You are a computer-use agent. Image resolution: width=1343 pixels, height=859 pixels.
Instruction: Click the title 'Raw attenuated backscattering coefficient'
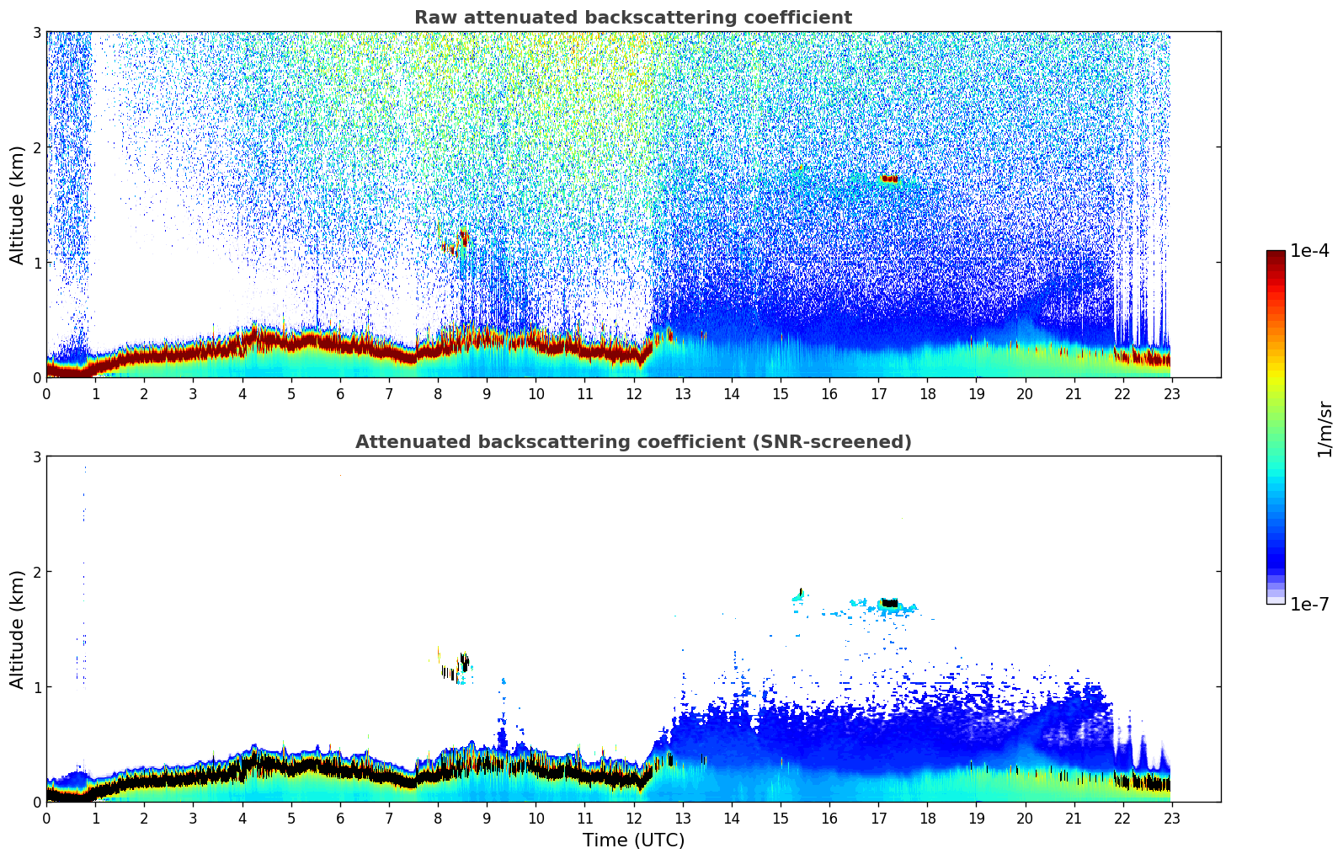[632, 18]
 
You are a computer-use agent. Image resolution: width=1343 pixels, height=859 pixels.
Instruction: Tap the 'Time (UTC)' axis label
[633, 840]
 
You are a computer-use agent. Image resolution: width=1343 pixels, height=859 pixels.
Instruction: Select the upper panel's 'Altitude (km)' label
[17, 205]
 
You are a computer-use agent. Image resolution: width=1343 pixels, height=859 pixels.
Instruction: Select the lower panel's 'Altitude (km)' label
[17, 629]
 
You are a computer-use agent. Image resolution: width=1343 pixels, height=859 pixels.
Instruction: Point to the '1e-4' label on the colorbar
[1309, 251]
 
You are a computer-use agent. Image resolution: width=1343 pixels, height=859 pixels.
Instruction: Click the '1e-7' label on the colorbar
[1309, 604]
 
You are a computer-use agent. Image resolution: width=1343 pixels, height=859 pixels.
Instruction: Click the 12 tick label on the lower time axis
[633, 818]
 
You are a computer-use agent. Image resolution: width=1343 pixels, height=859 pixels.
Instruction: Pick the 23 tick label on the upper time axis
[1172, 393]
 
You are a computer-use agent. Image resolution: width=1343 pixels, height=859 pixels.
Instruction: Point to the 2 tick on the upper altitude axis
[36, 147]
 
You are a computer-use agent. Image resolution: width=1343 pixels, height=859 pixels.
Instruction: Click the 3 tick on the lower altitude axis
[36, 456]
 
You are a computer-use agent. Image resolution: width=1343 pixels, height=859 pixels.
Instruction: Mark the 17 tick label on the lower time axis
[878, 818]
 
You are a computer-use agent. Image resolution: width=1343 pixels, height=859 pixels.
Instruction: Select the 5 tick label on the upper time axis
[291, 393]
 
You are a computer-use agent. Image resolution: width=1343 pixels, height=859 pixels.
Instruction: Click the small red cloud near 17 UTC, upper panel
[889, 179]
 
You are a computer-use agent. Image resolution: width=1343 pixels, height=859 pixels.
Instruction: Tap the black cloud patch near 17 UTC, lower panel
[889, 603]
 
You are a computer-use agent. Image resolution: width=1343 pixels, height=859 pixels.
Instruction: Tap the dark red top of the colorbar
[1275, 256]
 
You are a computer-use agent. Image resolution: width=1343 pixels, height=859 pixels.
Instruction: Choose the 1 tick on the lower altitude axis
[36, 687]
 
